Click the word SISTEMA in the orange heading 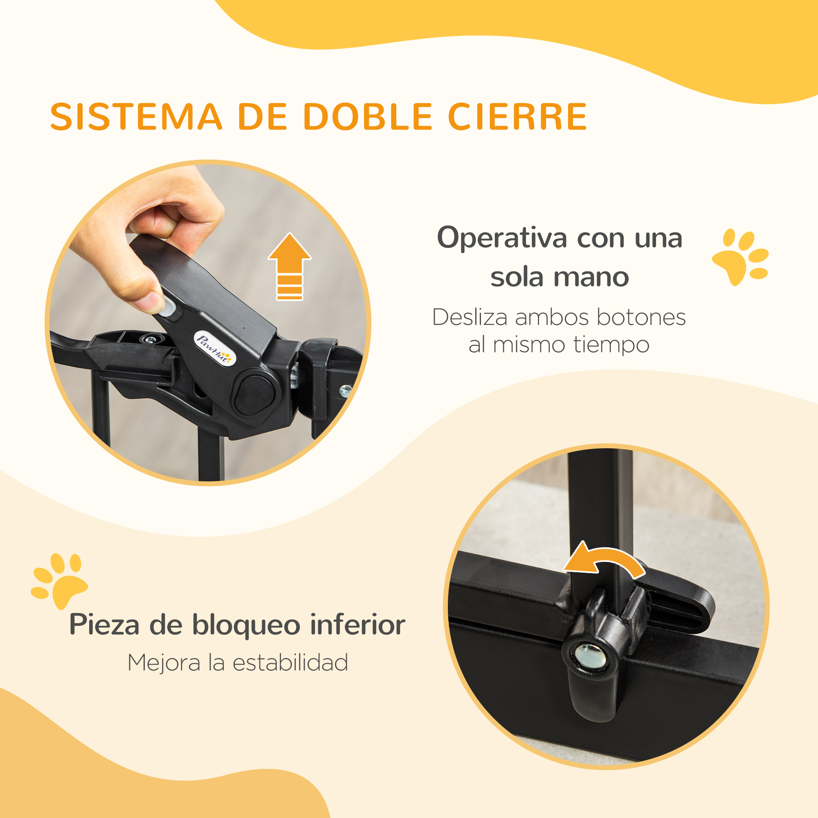pos(136,117)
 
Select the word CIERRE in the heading pos(517,117)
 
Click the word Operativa pos(502,238)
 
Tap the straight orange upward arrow pos(289,266)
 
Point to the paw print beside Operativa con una pos(740,256)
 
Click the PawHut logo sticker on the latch pos(213,348)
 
